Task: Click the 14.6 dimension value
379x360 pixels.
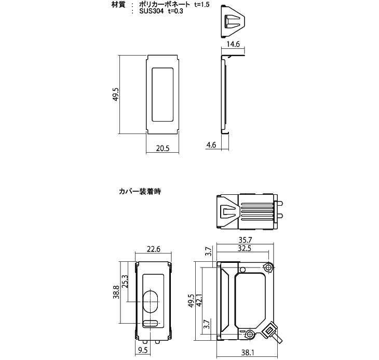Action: (234, 45)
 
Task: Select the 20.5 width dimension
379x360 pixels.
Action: (163, 148)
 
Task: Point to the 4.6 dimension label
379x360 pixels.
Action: (211, 145)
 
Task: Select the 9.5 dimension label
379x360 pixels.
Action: (142, 350)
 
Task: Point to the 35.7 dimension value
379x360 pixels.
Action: (243, 241)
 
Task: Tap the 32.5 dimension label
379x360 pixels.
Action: (243, 249)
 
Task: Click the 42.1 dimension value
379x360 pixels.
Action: (199, 301)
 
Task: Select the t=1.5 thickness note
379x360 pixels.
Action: (203, 4)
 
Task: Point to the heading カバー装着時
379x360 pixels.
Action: (140, 191)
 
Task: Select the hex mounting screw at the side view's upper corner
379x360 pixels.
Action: (268, 268)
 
